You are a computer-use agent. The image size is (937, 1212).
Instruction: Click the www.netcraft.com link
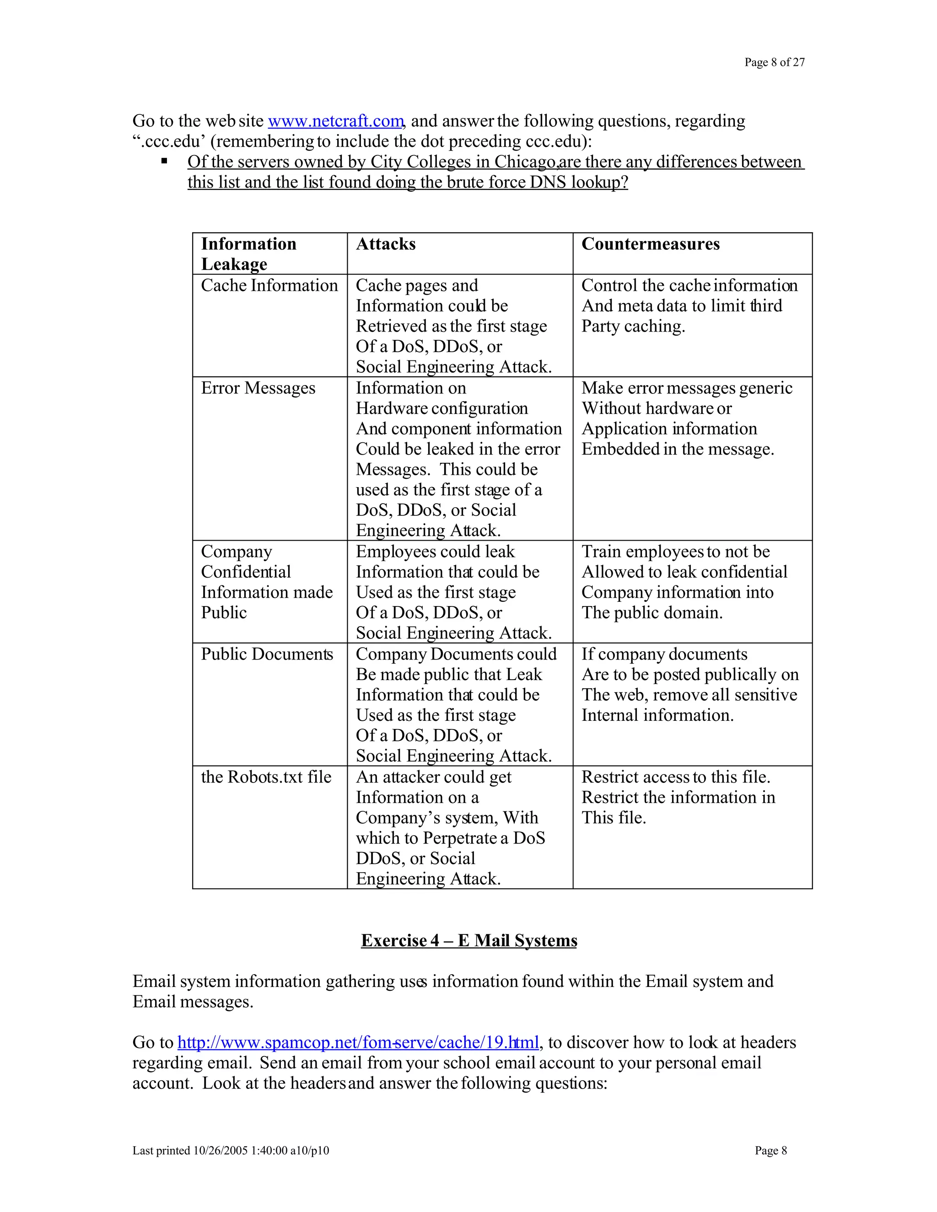tap(335, 121)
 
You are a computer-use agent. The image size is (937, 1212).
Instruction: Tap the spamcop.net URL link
tap(358, 1042)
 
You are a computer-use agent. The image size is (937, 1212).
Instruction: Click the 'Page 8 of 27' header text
tap(775, 62)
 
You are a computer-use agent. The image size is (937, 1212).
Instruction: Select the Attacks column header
tap(386, 244)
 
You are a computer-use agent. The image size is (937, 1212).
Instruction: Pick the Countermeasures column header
tap(650, 244)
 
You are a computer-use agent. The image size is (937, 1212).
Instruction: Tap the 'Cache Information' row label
tap(269, 285)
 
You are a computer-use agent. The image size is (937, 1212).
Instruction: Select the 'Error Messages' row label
tap(258, 388)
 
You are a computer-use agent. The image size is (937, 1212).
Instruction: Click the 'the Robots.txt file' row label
tap(266, 777)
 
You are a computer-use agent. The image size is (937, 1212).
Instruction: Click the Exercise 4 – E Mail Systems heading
tap(468, 941)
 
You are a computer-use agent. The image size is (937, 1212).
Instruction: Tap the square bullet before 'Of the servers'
tap(164, 161)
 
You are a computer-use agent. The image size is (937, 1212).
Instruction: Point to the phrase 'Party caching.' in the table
tap(633, 326)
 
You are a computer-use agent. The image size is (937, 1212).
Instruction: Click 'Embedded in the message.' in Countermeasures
tap(677, 449)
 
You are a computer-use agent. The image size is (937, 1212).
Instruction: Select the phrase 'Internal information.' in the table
tap(657, 715)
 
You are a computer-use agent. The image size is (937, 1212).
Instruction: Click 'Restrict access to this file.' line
tap(676, 777)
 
